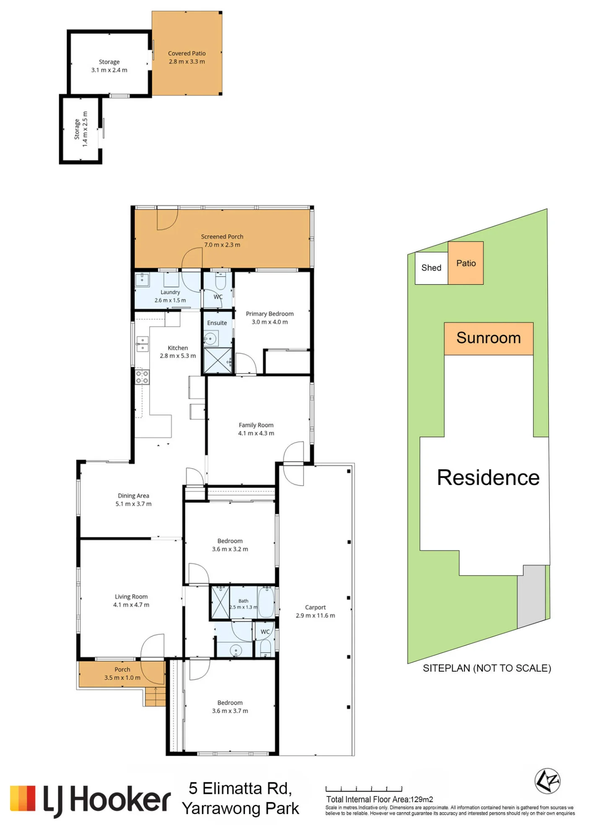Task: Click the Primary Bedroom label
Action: click(x=270, y=314)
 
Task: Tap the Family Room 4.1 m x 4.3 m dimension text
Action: click(x=256, y=433)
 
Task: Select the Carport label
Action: click(x=315, y=608)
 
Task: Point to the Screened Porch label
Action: click(x=222, y=237)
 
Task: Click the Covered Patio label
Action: click(x=187, y=54)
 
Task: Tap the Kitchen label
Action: click(x=178, y=348)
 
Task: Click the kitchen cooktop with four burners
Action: click(x=142, y=377)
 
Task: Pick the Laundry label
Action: click(x=170, y=292)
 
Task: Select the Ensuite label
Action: click(x=217, y=323)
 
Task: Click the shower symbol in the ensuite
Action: click(x=218, y=360)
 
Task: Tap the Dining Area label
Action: click(x=134, y=496)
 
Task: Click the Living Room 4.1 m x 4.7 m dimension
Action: click(x=131, y=605)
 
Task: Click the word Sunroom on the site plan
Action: click(x=488, y=338)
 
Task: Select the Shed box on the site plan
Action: click(x=431, y=268)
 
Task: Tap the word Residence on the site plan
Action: click(x=488, y=478)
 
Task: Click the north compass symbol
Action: click(x=547, y=781)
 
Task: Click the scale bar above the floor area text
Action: click(x=364, y=789)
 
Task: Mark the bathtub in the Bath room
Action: click(x=266, y=602)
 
